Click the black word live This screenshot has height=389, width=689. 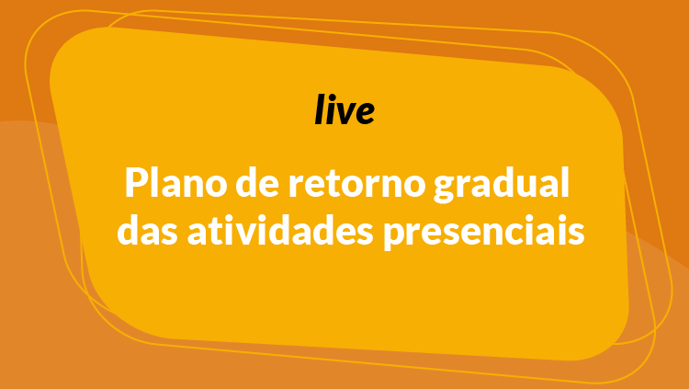pos(344,109)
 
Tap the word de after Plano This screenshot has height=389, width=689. pos(257,183)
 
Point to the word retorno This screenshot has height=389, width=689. pos(356,185)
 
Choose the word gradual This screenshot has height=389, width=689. pos(502,185)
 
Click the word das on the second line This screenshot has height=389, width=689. pos(147,230)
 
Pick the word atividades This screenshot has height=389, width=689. pos(280,230)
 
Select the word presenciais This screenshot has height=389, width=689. pos(484,233)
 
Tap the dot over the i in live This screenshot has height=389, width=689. pos(333,97)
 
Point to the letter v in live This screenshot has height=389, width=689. pos(345,113)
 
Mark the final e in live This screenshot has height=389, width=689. pos(365,113)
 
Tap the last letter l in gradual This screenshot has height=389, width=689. pos(566,183)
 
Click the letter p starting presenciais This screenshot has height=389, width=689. pos(394,237)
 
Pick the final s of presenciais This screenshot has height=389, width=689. pos(577,235)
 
